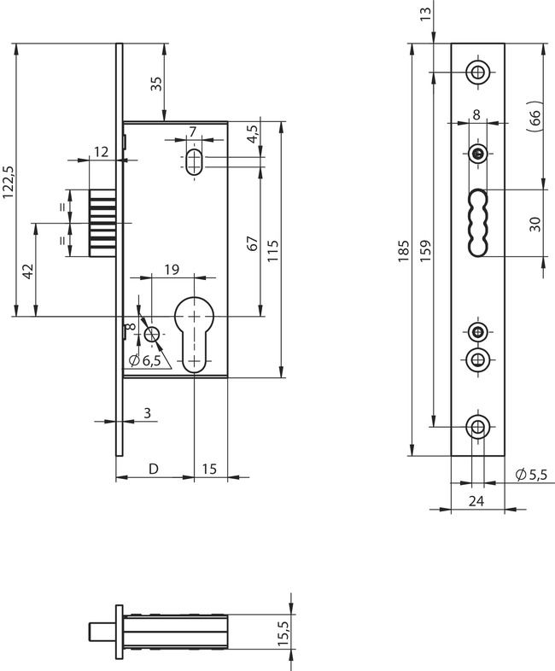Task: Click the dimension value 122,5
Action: coord(9,182)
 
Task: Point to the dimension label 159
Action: coord(425,248)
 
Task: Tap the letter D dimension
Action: coord(154,468)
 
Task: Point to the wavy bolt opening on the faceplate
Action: coord(477,221)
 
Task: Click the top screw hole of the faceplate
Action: coord(476,71)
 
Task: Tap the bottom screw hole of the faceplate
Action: coord(476,428)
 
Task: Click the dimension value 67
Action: coord(252,242)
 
